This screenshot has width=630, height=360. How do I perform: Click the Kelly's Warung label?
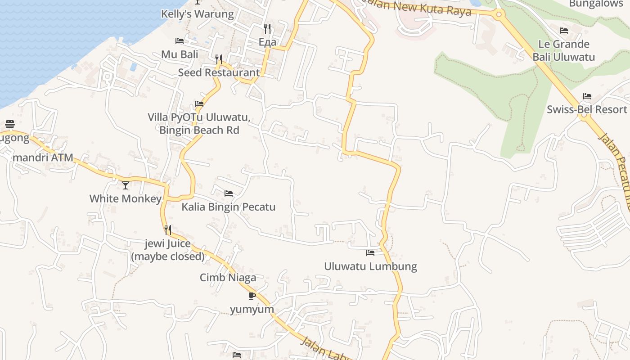tap(198, 14)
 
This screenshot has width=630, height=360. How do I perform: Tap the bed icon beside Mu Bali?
tap(180, 41)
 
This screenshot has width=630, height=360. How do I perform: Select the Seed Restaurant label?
tap(219, 72)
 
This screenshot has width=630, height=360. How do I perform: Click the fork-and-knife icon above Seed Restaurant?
tap(219, 59)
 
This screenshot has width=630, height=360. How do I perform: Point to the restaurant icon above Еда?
tap(267, 29)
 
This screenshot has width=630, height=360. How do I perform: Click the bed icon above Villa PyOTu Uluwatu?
tap(199, 104)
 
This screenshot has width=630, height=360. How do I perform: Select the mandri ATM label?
tap(43, 157)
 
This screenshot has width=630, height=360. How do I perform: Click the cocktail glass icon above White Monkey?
tap(126, 185)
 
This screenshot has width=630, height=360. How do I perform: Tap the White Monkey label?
tap(125, 198)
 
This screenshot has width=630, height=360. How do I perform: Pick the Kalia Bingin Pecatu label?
tap(228, 207)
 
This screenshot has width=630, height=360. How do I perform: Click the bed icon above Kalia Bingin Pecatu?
tap(229, 193)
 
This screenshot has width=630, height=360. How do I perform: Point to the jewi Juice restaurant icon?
tap(168, 230)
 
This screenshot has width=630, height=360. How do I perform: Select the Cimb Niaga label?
tap(228, 278)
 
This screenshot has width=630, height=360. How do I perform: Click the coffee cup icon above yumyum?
tap(252, 296)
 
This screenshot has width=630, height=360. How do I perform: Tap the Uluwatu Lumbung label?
tap(370, 266)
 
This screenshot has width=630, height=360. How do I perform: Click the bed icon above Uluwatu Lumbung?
tap(370, 253)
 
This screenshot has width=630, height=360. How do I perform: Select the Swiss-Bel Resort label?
tap(587, 109)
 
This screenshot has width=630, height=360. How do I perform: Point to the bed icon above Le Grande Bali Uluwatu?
tap(564, 31)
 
